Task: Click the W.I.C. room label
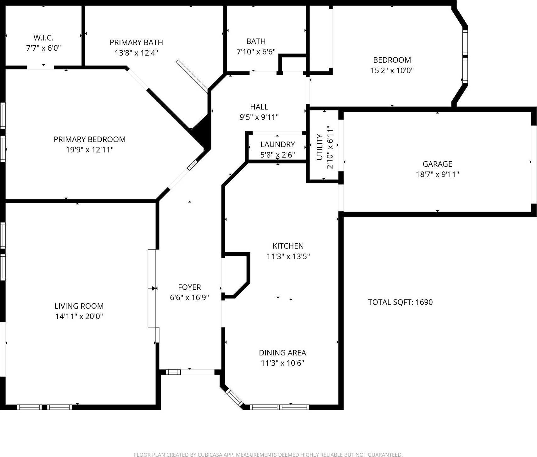43,38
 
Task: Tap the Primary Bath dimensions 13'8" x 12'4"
136,53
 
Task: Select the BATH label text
256,42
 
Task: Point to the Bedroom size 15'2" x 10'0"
392,70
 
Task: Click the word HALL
259,107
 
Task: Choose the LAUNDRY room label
277,144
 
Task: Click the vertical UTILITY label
320,147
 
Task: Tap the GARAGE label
437,164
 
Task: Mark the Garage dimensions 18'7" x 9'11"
437,174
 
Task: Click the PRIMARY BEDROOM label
89,139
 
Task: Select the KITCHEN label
288,246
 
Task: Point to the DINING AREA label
282,353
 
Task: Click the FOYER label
189,287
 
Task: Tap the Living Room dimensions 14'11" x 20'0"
79,316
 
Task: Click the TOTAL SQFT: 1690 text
400,302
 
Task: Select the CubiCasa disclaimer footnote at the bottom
268,454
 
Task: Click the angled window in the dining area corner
235,398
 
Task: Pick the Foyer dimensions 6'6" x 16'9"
189,298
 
